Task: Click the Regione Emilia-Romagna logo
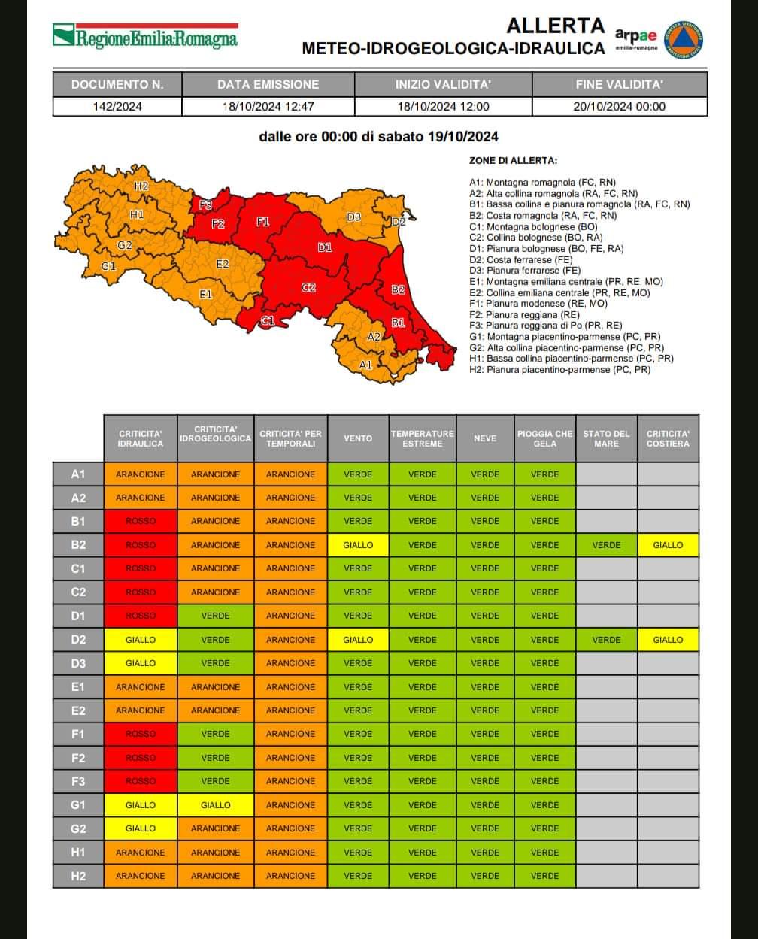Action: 145,37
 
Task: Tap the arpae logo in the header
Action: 635,37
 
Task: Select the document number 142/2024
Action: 117,106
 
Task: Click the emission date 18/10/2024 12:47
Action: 268,106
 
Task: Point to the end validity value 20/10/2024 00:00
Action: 619,106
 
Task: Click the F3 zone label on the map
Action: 205,204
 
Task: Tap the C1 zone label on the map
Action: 267,321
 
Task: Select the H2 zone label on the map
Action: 141,186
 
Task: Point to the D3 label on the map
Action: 353,217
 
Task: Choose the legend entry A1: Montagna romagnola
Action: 541,182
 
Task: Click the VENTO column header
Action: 358,438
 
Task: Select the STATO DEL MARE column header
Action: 606,438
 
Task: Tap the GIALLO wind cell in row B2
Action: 358,545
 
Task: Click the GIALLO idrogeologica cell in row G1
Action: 215,805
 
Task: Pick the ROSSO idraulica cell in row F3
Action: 140,781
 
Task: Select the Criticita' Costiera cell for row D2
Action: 668,640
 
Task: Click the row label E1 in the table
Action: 78,687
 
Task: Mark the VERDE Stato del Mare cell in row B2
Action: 606,545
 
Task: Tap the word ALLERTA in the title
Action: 555,26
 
